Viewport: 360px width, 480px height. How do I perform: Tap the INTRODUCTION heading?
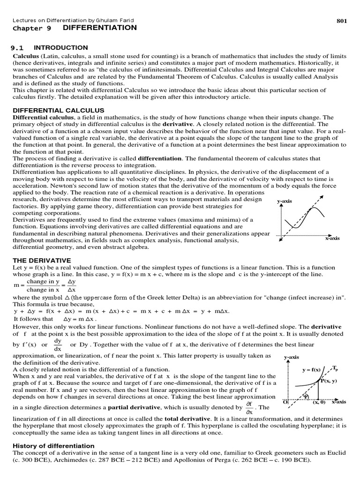(x=61, y=48)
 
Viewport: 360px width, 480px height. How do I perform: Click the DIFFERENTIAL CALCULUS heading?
(x=51, y=110)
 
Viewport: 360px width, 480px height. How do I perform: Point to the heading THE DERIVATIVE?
(x=42, y=260)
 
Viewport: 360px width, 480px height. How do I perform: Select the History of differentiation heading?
(x=53, y=446)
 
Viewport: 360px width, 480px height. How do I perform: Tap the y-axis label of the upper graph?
(x=285, y=201)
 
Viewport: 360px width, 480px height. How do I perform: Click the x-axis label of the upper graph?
(x=332, y=238)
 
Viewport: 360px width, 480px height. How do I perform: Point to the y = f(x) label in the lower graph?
(x=311, y=370)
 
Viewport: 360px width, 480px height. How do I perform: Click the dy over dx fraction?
(x=58, y=345)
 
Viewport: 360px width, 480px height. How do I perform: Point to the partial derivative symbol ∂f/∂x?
(x=249, y=407)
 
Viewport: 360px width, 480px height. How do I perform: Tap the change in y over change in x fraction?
(x=43, y=286)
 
